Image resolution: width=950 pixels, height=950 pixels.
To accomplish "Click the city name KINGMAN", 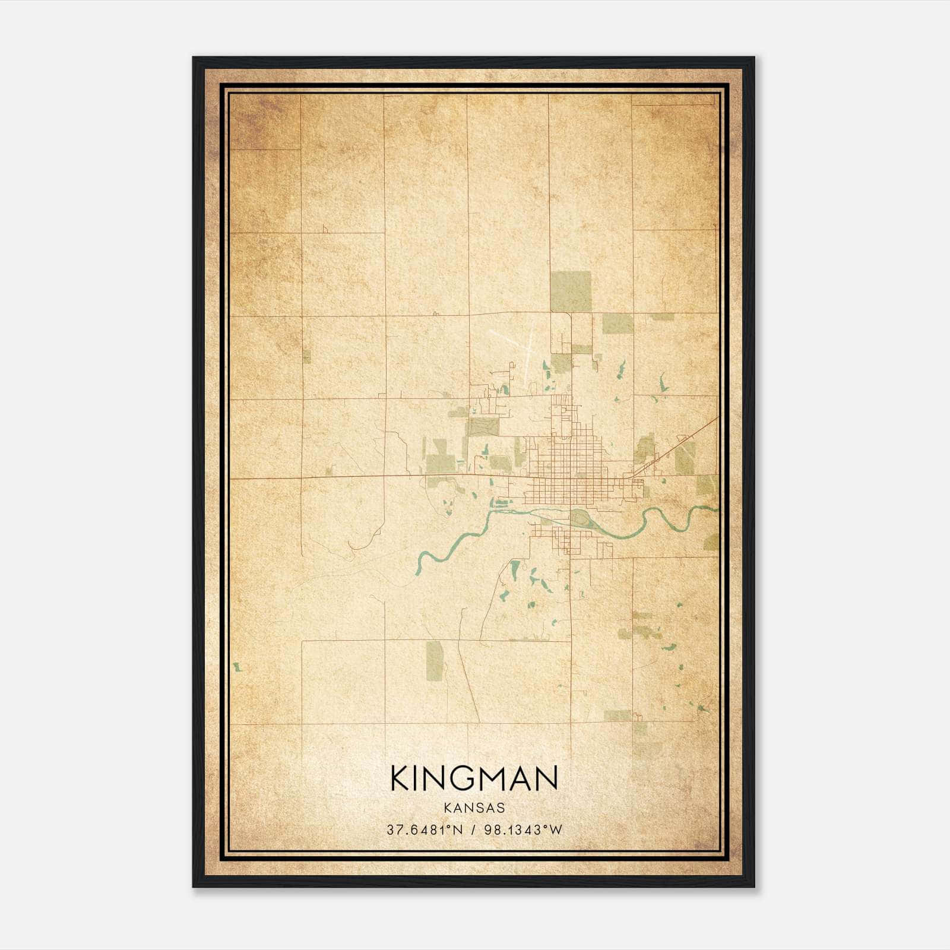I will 474,778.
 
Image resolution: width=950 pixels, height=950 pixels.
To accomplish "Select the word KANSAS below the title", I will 474,808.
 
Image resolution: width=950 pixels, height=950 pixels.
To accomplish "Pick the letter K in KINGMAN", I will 400,778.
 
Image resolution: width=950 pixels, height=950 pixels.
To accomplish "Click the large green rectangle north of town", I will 571,292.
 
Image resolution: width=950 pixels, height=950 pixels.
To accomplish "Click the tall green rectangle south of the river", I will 435,661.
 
